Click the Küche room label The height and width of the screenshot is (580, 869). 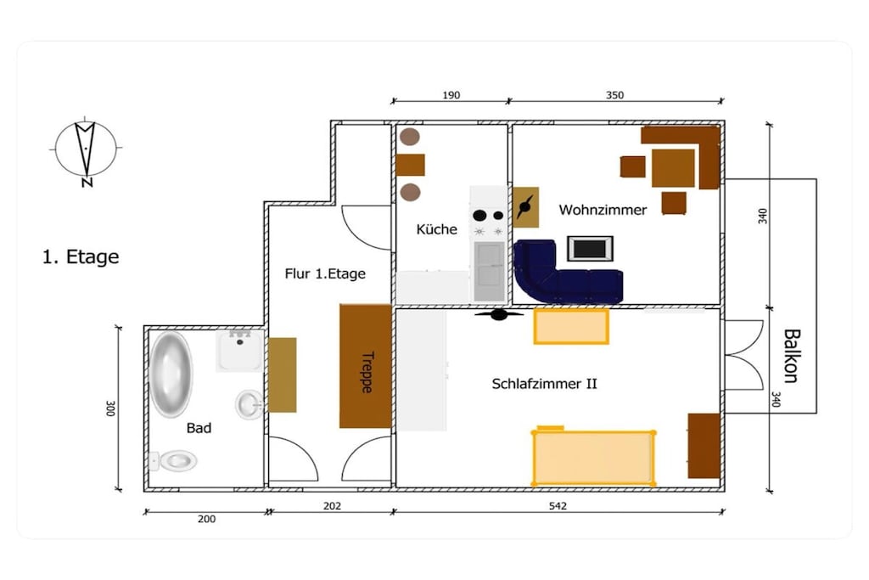437,229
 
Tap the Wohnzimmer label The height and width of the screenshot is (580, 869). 603,210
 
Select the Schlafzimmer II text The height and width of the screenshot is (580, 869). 544,384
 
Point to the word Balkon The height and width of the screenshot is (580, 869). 792,356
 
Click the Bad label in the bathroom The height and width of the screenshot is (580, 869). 199,428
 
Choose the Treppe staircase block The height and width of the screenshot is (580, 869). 366,366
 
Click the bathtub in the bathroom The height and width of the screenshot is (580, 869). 171,374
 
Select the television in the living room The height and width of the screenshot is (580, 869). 590,249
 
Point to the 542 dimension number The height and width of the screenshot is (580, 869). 558,506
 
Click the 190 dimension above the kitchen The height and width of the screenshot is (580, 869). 451,95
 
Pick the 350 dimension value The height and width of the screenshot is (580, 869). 614,95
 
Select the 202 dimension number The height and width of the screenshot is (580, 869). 332,506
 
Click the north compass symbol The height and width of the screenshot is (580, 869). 86,151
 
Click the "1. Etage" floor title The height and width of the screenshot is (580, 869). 81,256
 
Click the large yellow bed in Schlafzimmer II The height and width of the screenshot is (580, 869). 593,457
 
